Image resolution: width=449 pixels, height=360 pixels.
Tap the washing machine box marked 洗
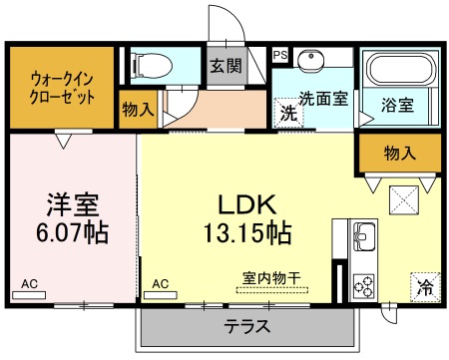click(x=287, y=113)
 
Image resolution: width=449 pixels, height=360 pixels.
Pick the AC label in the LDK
click(x=161, y=284)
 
